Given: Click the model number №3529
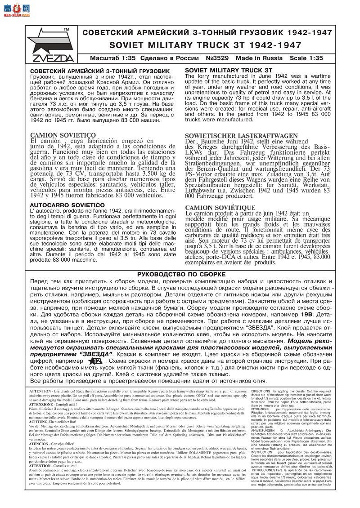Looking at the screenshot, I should tap(219, 58).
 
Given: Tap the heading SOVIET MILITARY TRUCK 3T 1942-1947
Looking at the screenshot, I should tap(205, 45).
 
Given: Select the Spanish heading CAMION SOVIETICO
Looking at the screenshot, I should tap(63, 135).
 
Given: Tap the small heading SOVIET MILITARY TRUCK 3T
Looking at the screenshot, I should tap(229, 71).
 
